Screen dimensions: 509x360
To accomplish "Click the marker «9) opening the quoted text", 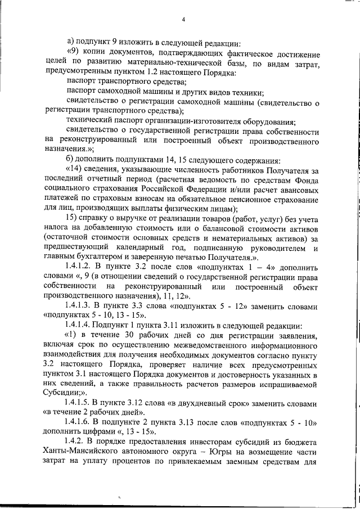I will (73, 53).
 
